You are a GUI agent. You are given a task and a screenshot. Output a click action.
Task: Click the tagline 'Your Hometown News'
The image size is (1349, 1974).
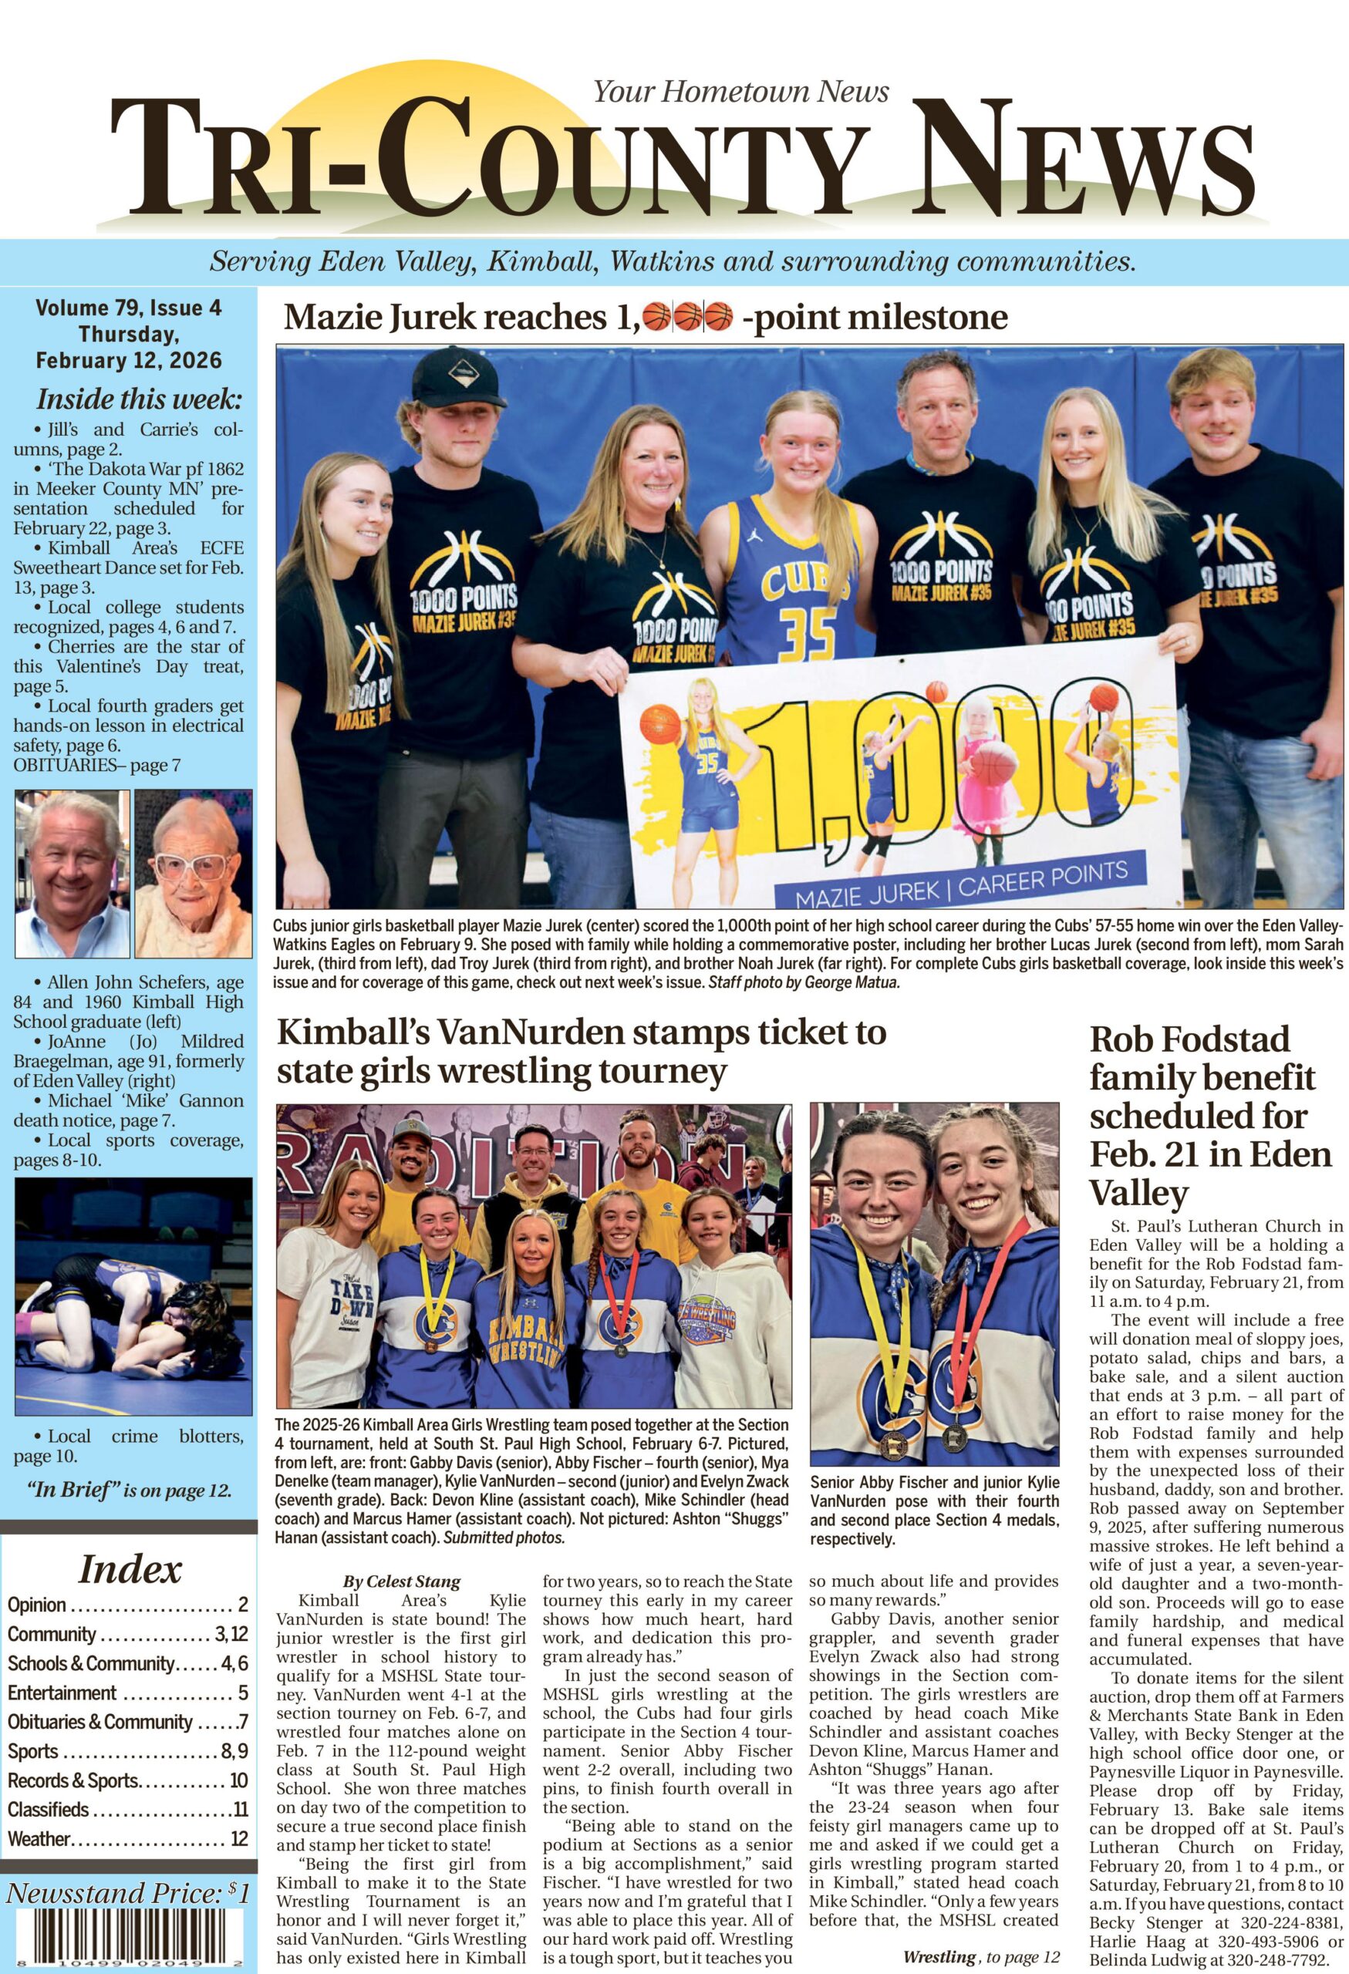pos(740,91)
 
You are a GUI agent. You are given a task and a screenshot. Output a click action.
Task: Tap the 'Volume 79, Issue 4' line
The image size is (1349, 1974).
pos(128,308)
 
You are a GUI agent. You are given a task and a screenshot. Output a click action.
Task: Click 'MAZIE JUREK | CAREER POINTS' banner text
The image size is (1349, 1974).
pos(960,880)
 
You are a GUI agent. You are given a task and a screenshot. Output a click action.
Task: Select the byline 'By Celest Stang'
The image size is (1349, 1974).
pos(402,1582)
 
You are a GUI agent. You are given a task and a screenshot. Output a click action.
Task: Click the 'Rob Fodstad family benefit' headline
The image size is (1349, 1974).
pos(1210,1115)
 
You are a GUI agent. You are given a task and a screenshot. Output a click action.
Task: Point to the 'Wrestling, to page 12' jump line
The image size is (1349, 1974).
pos(981,1950)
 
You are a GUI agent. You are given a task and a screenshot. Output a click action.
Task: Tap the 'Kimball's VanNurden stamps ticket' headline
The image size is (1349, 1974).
pos(581,1053)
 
